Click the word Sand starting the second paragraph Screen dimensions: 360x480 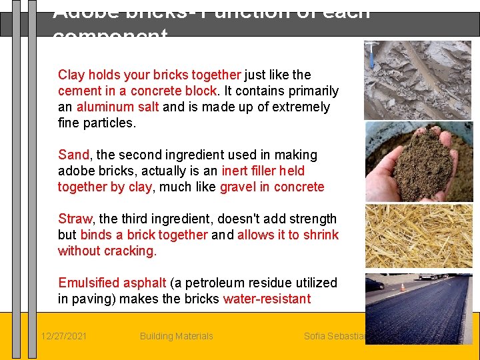(73, 155)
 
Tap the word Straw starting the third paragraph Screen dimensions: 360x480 (75, 219)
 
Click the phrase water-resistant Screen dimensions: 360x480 (267, 299)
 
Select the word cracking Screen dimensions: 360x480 (129, 251)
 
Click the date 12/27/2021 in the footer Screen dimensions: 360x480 (63, 336)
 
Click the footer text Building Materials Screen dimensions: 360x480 (177, 336)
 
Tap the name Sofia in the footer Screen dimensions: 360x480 (315, 336)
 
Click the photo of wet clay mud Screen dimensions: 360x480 (418, 81)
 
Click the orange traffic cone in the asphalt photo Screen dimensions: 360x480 (402, 287)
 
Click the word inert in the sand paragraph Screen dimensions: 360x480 (234, 171)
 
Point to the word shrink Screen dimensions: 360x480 (321, 235)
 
